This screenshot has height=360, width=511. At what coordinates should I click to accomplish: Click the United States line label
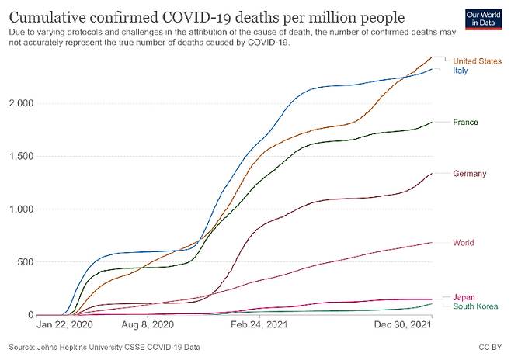point(477,61)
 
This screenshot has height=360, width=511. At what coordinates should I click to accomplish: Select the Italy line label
point(460,71)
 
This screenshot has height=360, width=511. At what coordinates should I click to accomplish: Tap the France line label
point(465,123)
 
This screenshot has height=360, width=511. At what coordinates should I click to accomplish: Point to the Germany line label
point(469,174)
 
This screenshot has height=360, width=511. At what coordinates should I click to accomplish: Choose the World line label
point(463,243)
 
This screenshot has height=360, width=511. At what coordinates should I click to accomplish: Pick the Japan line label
point(464,297)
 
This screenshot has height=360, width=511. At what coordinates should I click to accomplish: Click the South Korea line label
point(475,306)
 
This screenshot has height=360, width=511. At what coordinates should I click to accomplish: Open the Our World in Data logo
point(481,18)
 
